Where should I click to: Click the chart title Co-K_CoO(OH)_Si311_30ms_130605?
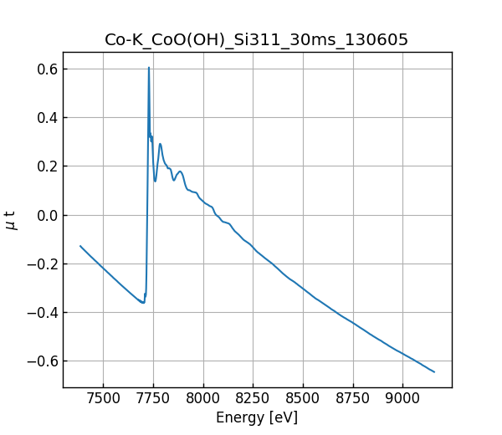click(x=257, y=40)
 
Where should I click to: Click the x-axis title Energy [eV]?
click(x=257, y=417)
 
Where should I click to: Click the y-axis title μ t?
click(x=11, y=219)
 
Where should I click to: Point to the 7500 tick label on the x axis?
click(x=103, y=399)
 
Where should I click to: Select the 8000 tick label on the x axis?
click(x=202, y=399)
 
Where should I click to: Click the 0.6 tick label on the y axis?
click(x=46, y=69)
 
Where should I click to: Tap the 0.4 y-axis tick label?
click(x=46, y=117)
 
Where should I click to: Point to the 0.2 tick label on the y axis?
click(x=46, y=166)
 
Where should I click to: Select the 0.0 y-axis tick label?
click(x=46, y=215)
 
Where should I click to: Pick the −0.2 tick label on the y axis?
click(x=42, y=264)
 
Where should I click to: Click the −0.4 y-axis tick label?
click(x=42, y=313)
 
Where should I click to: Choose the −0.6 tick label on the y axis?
click(x=42, y=361)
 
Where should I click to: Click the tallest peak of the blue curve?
click(x=149, y=68)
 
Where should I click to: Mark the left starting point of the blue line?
click(x=80, y=246)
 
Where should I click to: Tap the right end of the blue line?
click(x=434, y=371)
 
